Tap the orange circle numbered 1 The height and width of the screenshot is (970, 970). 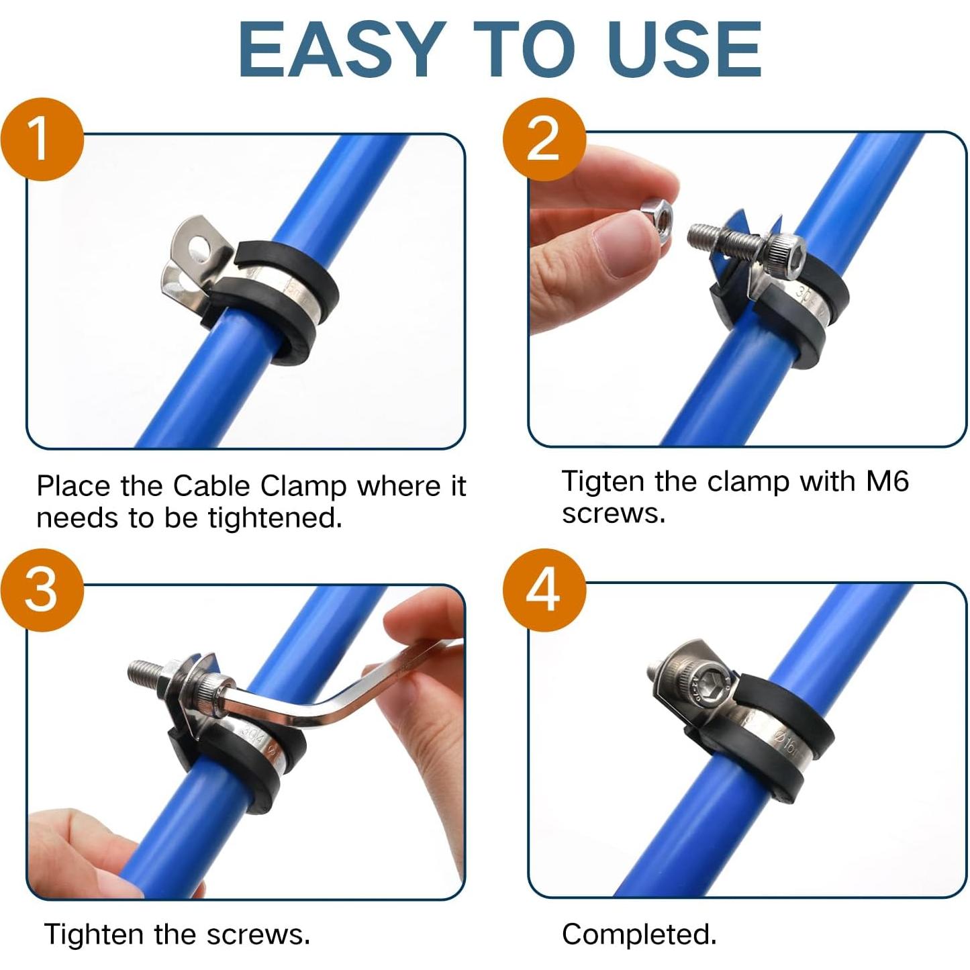(x=42, y=140)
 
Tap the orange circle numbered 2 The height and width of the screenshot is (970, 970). (x=544, y=138)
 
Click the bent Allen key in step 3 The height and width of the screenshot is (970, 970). (x=322, y=712)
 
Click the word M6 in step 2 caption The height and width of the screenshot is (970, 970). (x=887, y=481)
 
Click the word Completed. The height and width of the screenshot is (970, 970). (x=638, y=934)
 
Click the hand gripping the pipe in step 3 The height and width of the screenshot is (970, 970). (x=81, y=853)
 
